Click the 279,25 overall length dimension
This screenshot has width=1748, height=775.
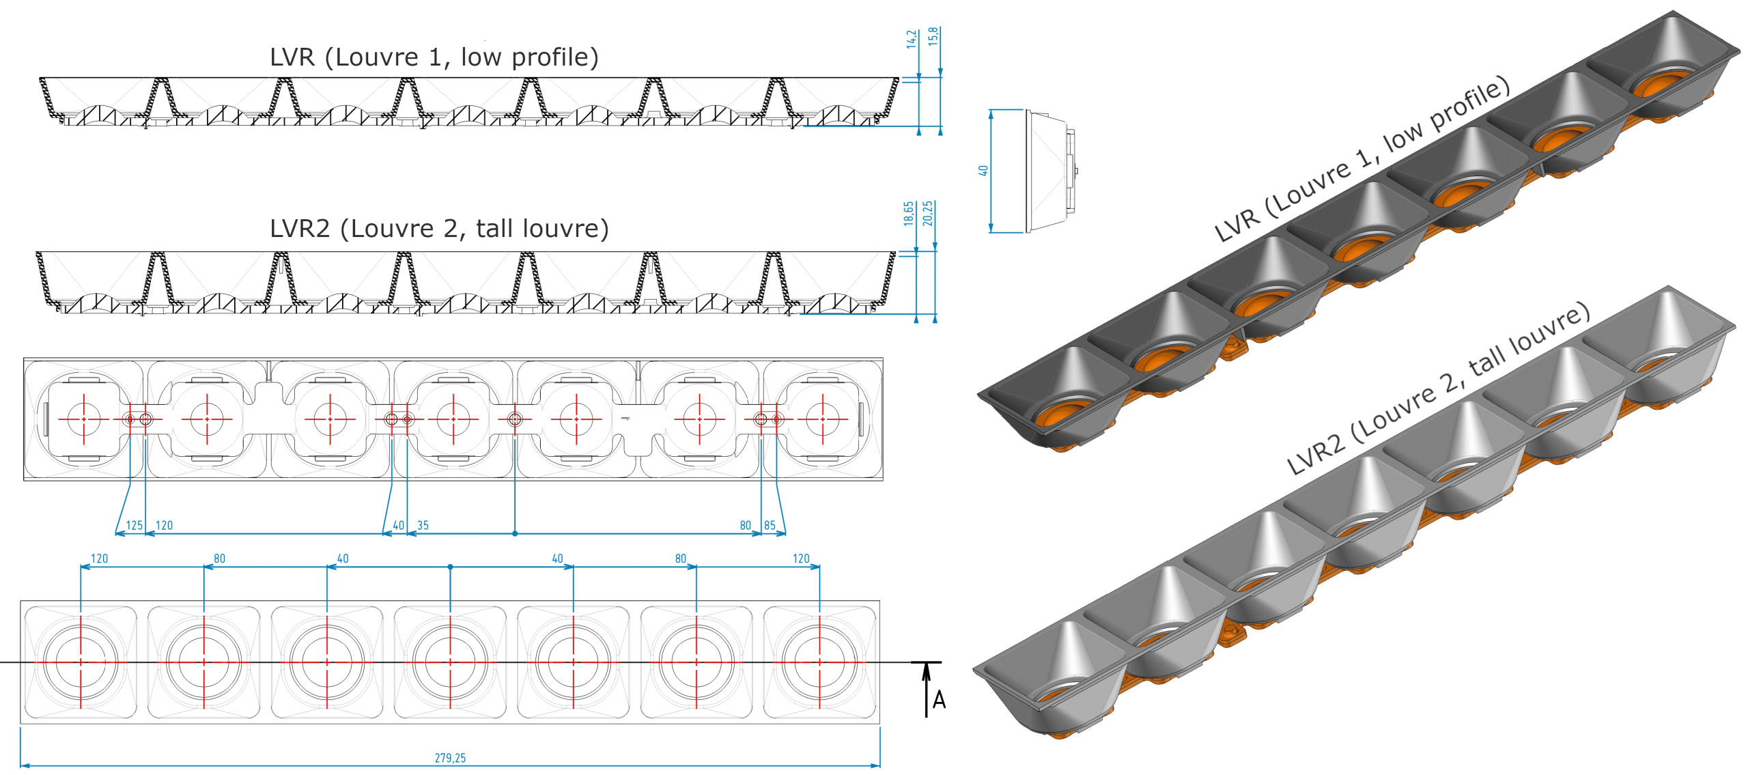pos(450,758)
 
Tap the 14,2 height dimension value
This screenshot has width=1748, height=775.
pos(912,39)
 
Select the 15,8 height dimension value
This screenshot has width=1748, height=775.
pos(933,36)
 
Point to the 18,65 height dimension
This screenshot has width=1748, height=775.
pos(909,213)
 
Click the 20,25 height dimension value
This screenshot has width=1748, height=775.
pos(927,213)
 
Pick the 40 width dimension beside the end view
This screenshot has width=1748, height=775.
pos(983,171)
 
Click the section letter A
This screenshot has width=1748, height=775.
pos(939,700)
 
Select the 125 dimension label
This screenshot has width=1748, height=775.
pos(135,525)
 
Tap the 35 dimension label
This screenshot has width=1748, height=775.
pos(423,525)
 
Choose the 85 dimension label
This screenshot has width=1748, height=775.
pos(770,525)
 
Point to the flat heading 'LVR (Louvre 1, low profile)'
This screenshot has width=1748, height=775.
pos(434,57)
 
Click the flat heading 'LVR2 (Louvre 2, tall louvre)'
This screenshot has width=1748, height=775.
pos(439,228)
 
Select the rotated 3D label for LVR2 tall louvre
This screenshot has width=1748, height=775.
pos(1438,389)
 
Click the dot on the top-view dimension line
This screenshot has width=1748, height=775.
pos(450,567)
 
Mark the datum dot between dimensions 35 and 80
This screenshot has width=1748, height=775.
pos(515,533)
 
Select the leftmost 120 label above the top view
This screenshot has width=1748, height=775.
pos(100,559)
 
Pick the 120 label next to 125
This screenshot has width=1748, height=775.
pos(165,525)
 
